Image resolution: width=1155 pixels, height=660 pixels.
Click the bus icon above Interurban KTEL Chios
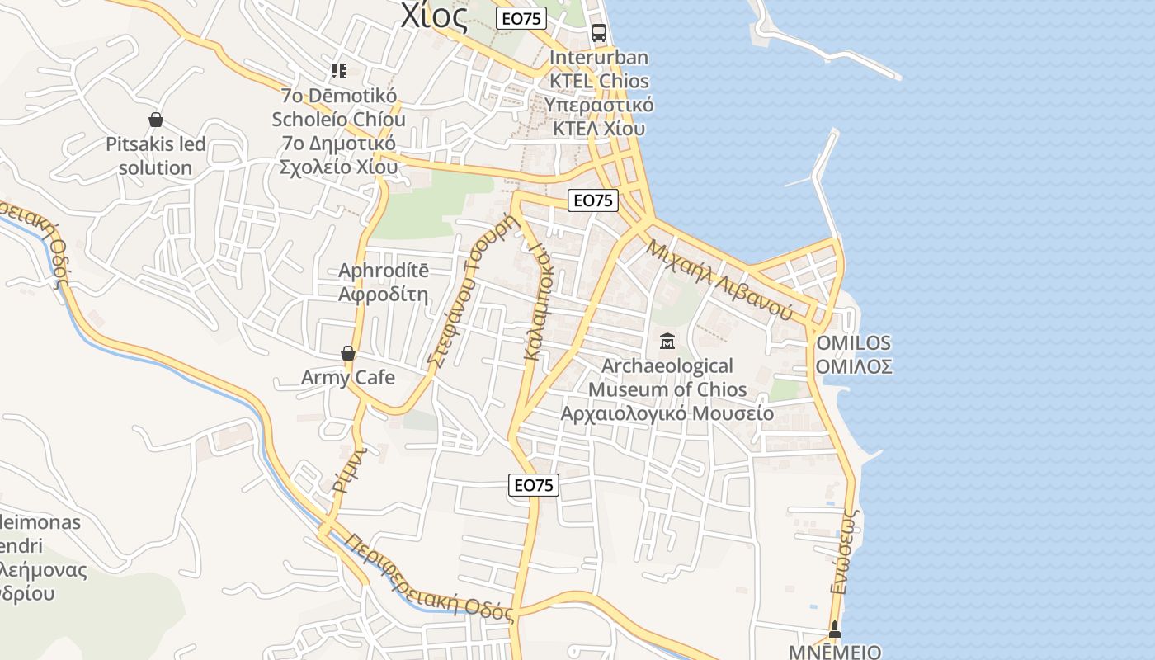pos(599,33)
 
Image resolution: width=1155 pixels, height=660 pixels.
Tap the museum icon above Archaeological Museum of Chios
pos(667,340)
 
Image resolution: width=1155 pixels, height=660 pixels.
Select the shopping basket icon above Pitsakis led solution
pos(155,120)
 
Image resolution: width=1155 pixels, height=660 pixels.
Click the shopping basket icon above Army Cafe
pos(348,353)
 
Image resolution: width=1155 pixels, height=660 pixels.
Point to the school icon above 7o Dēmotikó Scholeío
pos(338,70)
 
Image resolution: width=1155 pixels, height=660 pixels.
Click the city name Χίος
pos(435,16)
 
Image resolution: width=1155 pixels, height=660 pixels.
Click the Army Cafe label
pos(348,378)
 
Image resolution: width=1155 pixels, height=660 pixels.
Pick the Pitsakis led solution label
pos(155,156)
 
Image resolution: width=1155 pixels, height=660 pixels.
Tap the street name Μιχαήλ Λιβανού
pos(719,280)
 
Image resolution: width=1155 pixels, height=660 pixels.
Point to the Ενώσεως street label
pos(846,551)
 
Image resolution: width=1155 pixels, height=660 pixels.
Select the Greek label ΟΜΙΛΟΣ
pos(854,366)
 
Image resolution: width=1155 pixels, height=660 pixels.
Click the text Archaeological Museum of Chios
pos(667,377)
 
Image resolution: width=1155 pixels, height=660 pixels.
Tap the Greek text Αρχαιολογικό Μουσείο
pos(667,413)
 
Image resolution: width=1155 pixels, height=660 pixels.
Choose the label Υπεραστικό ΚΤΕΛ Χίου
pos(599,117)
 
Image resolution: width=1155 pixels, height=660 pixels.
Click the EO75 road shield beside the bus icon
pos(522,18)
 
